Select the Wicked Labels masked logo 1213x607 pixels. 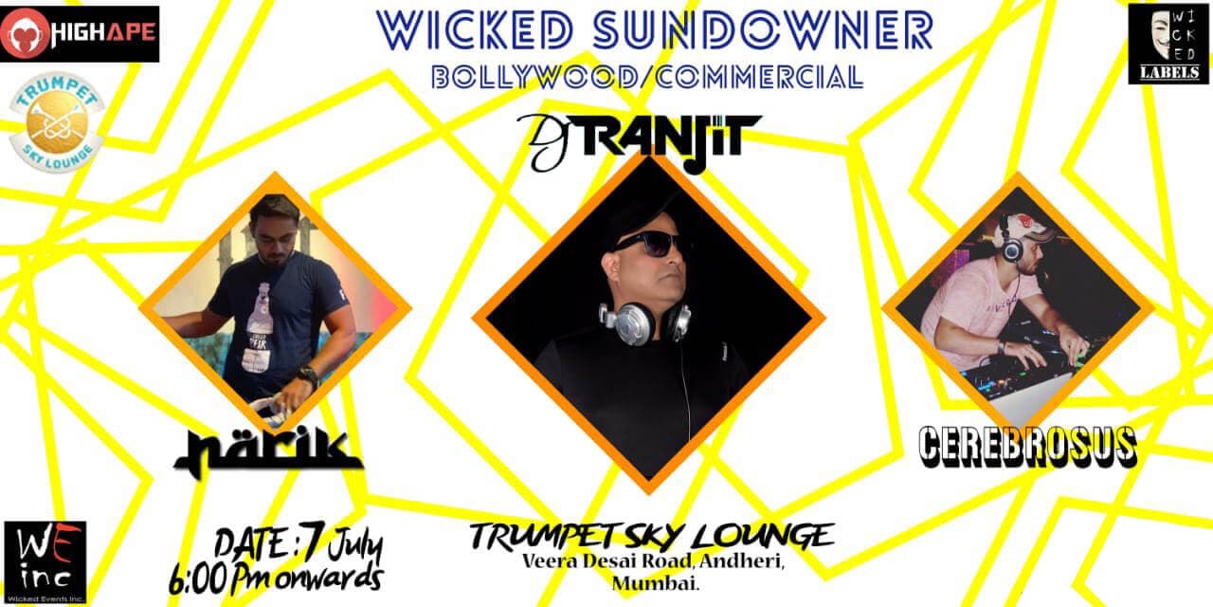coord(1168,43)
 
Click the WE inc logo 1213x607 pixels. coord(45,561)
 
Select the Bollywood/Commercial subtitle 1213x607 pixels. coord(646,77)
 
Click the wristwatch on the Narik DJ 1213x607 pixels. coord(305,374)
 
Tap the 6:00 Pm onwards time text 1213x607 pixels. coord(276,576)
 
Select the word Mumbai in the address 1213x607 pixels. coord(649,583)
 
